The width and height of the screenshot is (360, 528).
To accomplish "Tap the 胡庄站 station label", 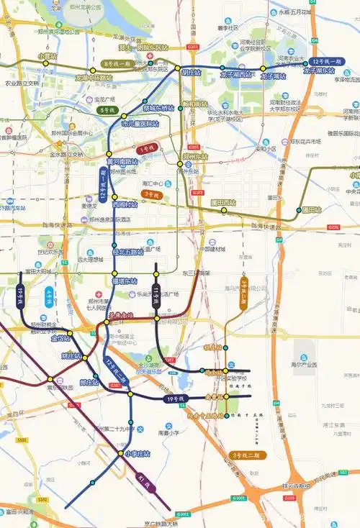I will pyautogui.click(x=192, y=73).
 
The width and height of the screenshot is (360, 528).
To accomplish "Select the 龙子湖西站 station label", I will pyautogui.click(x=235, y=75).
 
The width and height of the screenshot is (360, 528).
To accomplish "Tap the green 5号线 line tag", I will pyautogui.click(x=108, y=111).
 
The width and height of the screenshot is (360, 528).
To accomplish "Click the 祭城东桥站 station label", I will pyautogui.click(x=158, y=108).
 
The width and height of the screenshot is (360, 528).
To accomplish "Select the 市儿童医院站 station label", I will pyautogui.click(x=140, y=124).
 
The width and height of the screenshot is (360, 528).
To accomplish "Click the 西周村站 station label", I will pyautogui.click(x=125, y=204).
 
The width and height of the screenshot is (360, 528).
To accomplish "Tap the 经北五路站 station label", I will pyautogui.click(x=127, y=252).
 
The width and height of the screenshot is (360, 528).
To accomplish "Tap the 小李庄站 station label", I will pyautogui.click(x=137, y=454).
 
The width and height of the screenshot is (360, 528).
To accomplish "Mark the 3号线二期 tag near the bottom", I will pyautogui.click(x=249, y=455).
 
